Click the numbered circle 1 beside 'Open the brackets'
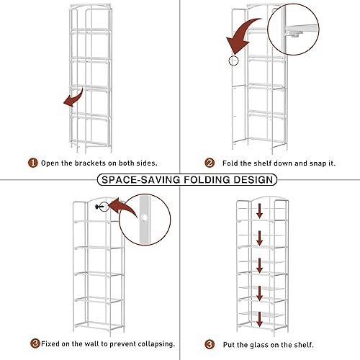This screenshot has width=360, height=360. coord(32,163)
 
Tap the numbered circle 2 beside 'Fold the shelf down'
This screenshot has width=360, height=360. coord(210,163)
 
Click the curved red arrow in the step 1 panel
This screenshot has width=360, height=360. coord(71,98)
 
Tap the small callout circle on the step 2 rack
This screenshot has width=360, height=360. coord(232,60)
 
